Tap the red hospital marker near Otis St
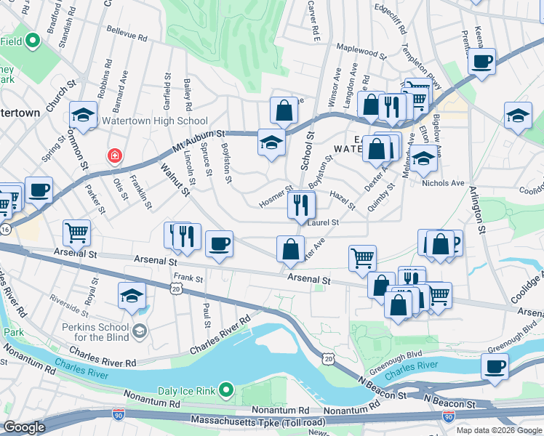[114, 156]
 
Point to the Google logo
[24, 427]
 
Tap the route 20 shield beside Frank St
[177, 288]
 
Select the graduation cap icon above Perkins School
[132, 296]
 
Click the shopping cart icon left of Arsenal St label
[76, 233]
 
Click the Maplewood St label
[362, 53]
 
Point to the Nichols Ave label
[443, 184]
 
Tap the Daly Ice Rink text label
[182, 390]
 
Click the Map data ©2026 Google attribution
[498, 429]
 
